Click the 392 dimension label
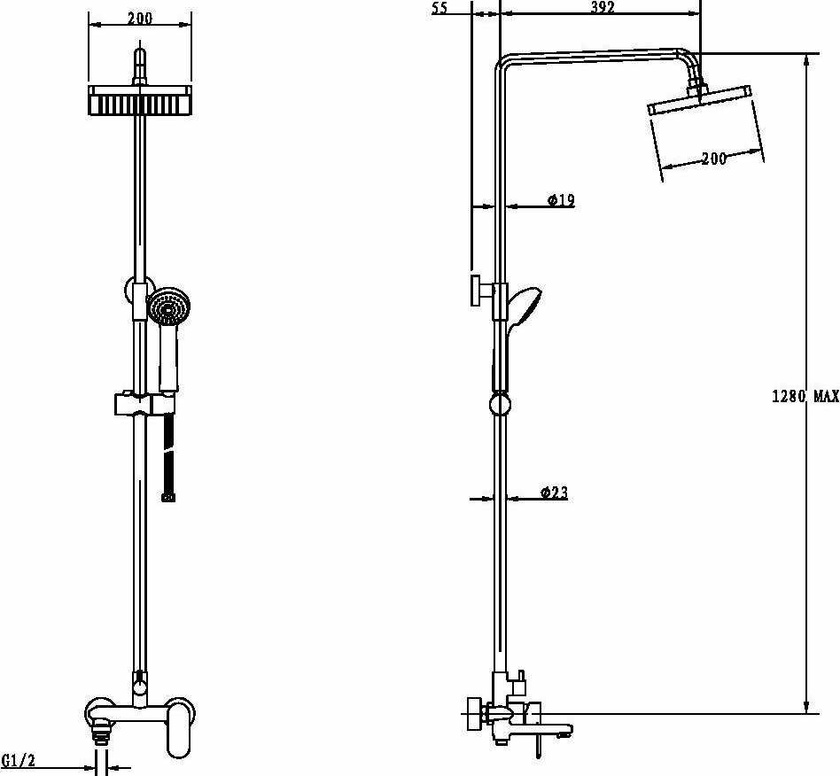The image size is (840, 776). (602, 8)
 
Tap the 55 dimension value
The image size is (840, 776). (439, 8)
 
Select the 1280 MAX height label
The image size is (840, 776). (805, 396)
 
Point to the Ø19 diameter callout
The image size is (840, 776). (561, 200)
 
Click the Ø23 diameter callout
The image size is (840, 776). (554, 493)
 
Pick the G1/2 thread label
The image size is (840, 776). (18, 760)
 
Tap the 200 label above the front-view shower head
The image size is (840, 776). (140, 18)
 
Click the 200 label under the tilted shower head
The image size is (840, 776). (713, 159)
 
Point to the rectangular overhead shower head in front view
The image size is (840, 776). (140, 102)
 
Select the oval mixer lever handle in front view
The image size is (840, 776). (181, 728)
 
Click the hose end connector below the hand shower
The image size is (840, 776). (167, 498)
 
